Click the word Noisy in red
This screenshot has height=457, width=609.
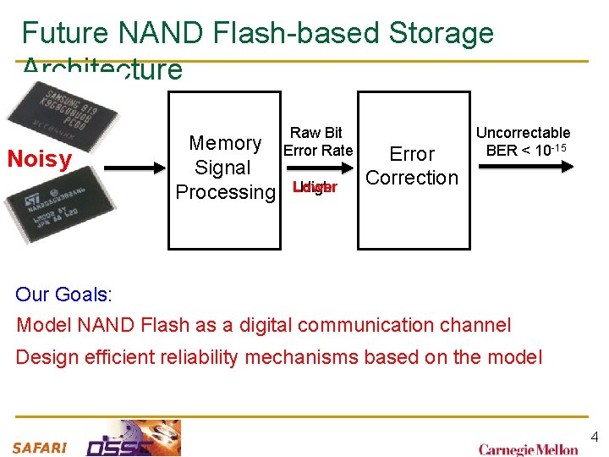point(39,159)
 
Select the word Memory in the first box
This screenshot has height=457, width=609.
point(225,143)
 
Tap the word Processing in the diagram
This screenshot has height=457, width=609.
point(225,192)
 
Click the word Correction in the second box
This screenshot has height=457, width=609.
point(412,178)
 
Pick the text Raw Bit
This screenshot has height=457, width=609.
point(316,132)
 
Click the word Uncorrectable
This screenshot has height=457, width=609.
point(523,132)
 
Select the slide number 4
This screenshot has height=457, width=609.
point(594,437)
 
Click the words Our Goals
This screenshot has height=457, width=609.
point(63,295)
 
